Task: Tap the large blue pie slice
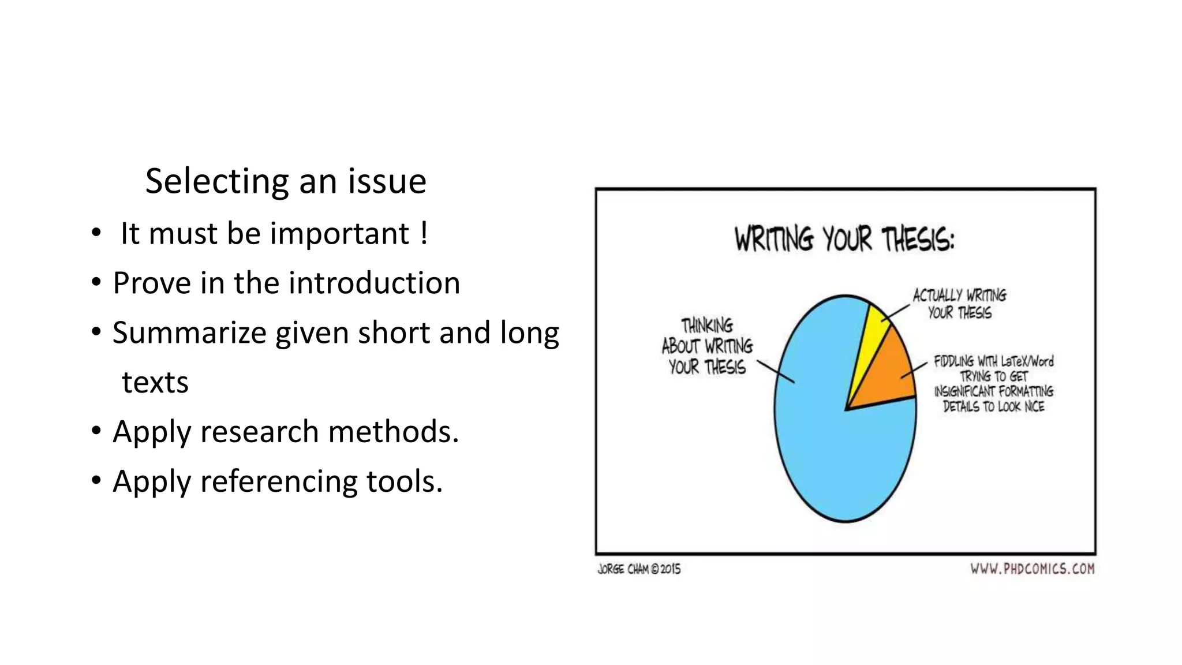click(831, 439)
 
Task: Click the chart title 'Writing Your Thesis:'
click(844, 239)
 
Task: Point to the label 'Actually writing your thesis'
click(959, 304)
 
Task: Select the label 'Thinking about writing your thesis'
click(707, 346)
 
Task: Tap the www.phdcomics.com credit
click(1032, 569)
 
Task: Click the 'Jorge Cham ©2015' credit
click(639, 569)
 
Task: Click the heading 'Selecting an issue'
click(286, 181)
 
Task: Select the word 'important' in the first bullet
click(339, 234)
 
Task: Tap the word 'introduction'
click(374, 283)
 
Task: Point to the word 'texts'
click(155, 383)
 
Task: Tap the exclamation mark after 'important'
click(424, 234)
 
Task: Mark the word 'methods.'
click(393, 432)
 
